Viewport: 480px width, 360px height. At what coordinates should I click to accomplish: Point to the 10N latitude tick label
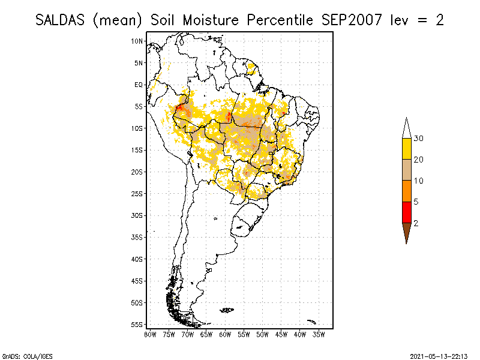coord(137,41)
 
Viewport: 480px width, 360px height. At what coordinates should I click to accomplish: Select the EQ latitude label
coord(139,85)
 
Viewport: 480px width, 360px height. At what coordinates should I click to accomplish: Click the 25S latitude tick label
coord(137,193)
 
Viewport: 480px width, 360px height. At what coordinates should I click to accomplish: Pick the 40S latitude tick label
coord(137,259)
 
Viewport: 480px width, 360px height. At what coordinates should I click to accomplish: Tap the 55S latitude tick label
coord(137,324)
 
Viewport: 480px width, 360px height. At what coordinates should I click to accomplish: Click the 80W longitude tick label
coord(150,334)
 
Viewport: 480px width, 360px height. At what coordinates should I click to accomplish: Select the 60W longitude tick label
coord(225,334)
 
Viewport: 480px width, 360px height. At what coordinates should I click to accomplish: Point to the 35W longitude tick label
coord(319,334)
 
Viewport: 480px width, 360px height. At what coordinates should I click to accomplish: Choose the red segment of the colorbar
coord(406,212)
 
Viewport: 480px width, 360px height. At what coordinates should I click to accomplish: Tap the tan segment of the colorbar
coord(406,170)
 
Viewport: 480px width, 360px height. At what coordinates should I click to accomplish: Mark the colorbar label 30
coord(419,139)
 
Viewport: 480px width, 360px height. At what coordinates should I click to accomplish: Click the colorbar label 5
coord(416,202)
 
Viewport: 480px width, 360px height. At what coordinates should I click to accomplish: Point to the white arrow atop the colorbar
coord(406,127)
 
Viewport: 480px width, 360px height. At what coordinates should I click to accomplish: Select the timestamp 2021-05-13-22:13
coord(439,355)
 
